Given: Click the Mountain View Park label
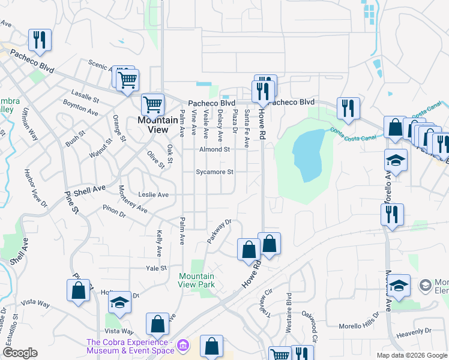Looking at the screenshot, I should point(196,280).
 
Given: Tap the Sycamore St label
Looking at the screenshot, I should point(214,172).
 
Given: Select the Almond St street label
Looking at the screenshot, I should point(215,149).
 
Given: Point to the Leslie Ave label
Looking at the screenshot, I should point(154,195).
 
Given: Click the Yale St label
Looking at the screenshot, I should point(155,268).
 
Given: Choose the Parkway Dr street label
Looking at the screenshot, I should point(219,232).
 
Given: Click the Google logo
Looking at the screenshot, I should point(19,353).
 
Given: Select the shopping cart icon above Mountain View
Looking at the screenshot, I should point(153,104).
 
